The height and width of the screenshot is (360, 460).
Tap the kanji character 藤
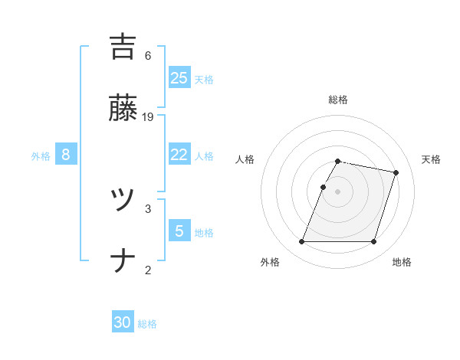[123, 110]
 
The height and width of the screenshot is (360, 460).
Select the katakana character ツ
[123, 201]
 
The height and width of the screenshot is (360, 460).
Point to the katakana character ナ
[123, 263]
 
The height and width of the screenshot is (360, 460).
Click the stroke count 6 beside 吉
[148, 56]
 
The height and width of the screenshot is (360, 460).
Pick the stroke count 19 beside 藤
[149, 117]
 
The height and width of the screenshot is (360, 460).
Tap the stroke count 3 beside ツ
[148, 208]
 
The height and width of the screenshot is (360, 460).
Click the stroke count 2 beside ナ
[148, 270]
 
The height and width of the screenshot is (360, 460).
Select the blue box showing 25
[179, 77]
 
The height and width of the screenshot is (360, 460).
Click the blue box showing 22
[179, 155]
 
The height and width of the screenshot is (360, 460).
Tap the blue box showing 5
[179, 231]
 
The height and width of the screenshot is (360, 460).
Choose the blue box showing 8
[66, 155]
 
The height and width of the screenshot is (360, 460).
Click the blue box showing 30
[123, 322]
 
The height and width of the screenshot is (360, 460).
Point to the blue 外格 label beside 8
[41, 156]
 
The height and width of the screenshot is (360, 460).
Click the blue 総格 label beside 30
[147, 324]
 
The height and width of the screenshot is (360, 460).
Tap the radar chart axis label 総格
[337, 100]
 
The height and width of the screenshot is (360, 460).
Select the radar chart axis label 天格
[431, 159]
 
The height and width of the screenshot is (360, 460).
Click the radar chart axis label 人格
[245, 159]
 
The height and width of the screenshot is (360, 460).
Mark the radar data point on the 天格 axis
[396, 172]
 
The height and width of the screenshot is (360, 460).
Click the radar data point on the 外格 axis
[301, 242]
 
